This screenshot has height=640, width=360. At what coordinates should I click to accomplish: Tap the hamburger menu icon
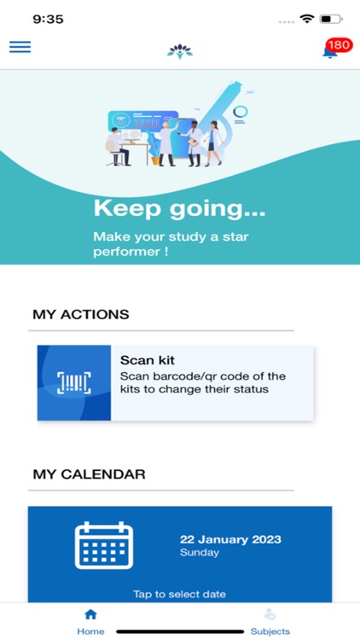[20, 47]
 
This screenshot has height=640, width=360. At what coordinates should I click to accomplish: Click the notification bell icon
[329, 52]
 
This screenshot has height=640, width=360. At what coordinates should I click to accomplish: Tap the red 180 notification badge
[339, 44]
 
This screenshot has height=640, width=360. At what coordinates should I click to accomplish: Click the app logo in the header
[180, 49]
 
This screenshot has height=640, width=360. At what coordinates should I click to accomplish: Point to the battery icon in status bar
[331, 19]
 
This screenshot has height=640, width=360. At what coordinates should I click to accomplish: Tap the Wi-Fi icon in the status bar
[306, 19]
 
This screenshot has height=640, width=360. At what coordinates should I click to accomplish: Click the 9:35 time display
[48, 19]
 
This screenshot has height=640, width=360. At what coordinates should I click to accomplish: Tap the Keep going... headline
[179, 208]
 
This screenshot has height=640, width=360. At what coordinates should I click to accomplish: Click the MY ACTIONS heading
[81, 314]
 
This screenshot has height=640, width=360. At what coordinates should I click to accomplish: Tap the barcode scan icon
[74, 383]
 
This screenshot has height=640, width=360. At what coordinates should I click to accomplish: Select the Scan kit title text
[148, 360]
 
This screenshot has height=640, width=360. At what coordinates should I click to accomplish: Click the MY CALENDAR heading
[89, 474]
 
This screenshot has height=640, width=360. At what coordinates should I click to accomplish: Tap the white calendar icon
[104, 545]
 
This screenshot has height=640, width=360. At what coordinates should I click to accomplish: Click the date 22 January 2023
[230, 539]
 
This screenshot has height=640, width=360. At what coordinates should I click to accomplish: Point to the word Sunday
[200, 553]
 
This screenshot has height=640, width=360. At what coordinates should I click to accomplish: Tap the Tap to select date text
[179, 594]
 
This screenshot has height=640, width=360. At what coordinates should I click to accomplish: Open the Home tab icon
[90, 614]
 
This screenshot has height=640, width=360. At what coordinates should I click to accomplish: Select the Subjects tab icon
[270, 614]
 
